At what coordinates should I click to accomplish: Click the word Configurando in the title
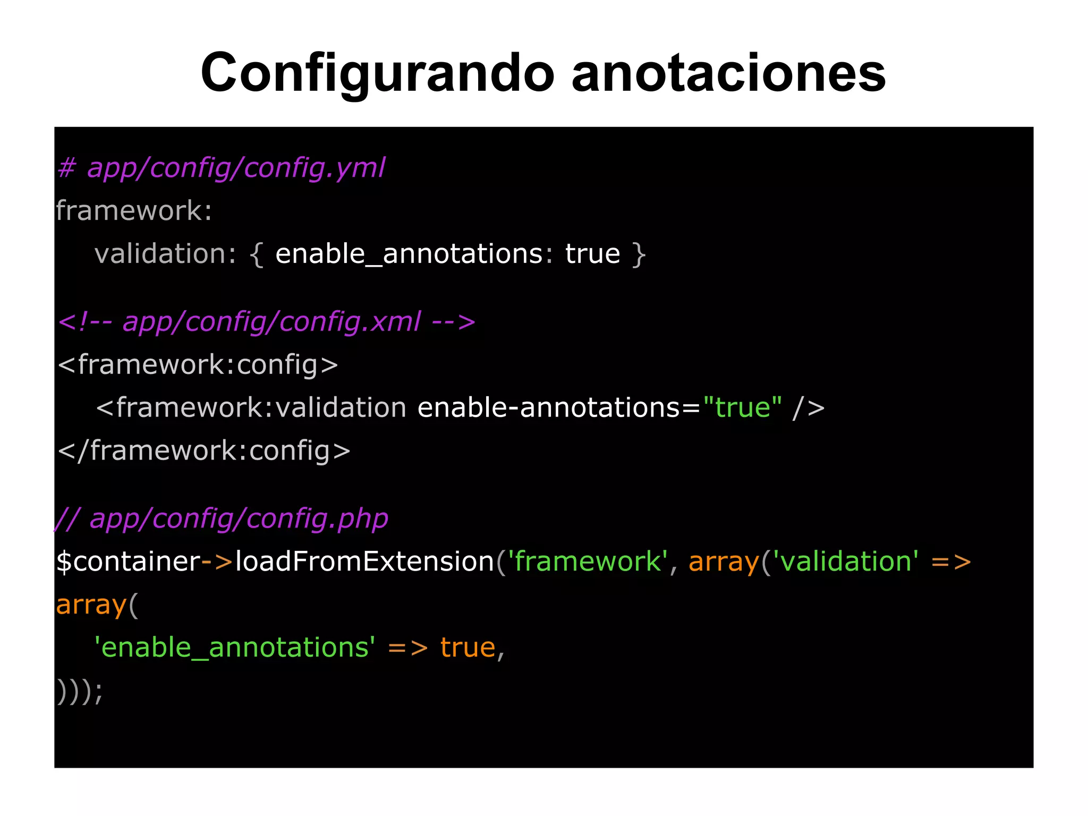(377, 73)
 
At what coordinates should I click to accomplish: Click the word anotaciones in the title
(728, 73)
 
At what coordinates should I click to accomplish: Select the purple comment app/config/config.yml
(236, 168)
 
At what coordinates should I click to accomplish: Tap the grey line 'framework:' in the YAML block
(134, 211)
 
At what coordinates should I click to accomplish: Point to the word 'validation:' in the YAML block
(165, 253)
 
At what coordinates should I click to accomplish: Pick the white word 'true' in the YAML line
(592, 253)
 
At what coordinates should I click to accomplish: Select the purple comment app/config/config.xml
(271, 322)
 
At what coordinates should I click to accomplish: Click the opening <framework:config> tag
(198, 365)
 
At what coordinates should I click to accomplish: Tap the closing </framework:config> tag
(204, 450)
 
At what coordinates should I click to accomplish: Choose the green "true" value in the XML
(742, 407)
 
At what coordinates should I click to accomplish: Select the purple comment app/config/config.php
(239, 518)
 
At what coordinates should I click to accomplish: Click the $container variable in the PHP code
(128, 562)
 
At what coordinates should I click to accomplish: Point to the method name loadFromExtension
(365, 562)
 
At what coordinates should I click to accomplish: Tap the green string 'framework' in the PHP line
(588, 562)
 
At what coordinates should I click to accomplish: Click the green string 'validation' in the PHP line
(845, 562)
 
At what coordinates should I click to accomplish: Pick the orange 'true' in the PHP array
(467, 648)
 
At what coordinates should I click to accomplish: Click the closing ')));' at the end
(80, 691)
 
